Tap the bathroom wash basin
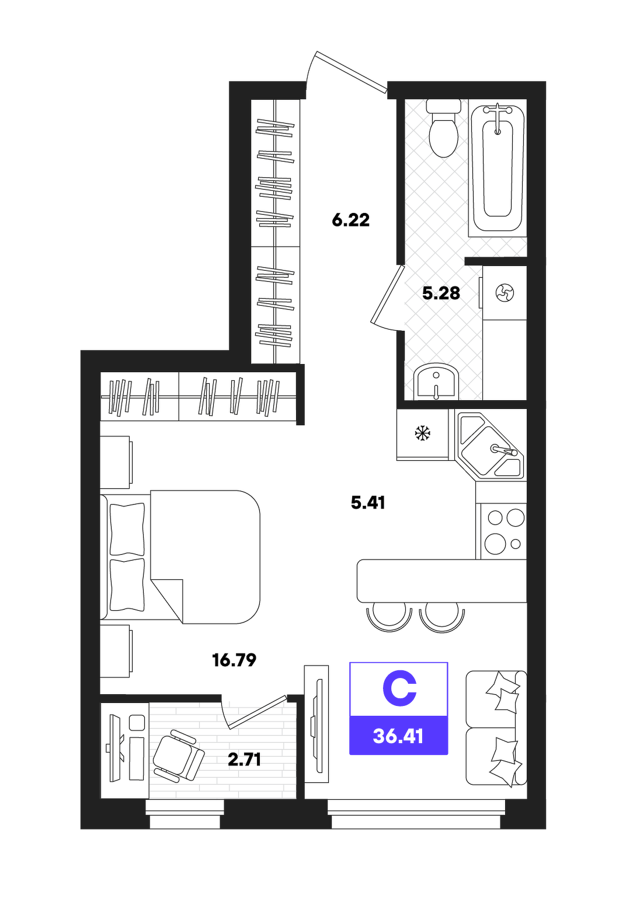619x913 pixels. click(x=436, y=382)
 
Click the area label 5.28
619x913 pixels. click(x=441, y=293)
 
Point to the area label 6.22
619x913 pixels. click(x=350, y=220)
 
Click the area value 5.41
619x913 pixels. click(x=368, y=502)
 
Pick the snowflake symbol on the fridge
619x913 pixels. click(x=423, y=433)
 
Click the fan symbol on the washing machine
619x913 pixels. click(x=505, y=293)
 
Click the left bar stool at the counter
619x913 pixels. click(x=390, y=617)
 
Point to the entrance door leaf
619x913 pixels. click(x=352, y=72)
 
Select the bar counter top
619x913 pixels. click(x=441, y=581)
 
